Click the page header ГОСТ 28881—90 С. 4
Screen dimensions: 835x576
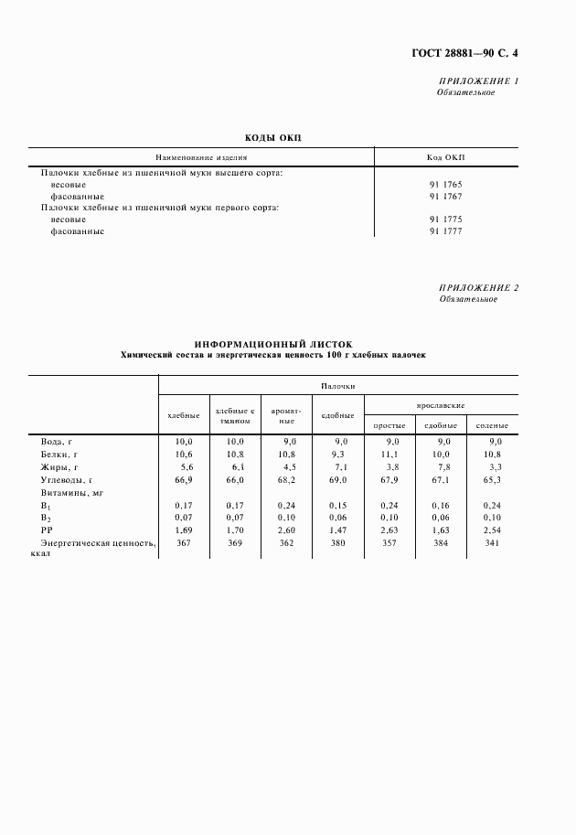click(x=464, y=53)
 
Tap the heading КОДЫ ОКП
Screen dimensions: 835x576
click(x=272, y=138)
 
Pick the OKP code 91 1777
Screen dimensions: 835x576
click(x=445, y=231)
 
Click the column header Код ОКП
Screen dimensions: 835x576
click(x=445, y=157)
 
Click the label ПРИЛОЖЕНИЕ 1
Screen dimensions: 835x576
click(x=478, y=81)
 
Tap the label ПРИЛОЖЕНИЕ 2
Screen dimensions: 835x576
click(x=478, y=288)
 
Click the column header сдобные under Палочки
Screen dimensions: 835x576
click(x=337, y=416)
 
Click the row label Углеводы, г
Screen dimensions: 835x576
click(x=68, y=478)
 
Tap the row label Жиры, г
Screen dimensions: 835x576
click(x=60, y=466)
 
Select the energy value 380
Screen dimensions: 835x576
click(x=338, y=542)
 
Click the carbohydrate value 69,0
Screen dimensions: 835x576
click(x=338, y=478)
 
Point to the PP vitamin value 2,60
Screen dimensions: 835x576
click(x=287, y=530)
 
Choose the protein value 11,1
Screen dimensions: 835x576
click(x=389, y=454)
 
